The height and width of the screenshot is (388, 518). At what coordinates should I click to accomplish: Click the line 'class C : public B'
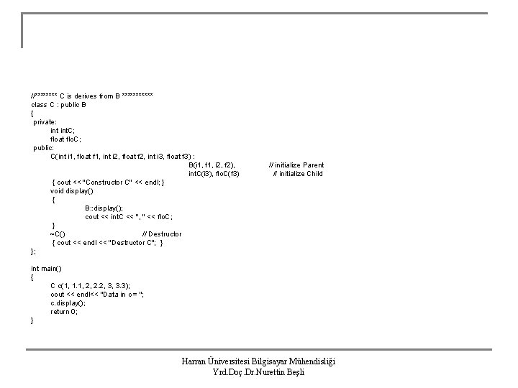coord(58,105)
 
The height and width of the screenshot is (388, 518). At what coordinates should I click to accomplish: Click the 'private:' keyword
coord(45,122)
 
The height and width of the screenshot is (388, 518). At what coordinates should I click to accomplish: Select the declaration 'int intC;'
coord(63,131)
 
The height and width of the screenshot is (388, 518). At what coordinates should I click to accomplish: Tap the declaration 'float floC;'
coord(65,139)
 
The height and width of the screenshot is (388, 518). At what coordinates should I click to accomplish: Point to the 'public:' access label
coord(43,148)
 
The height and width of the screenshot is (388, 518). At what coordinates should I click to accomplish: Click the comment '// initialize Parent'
coord(296,165)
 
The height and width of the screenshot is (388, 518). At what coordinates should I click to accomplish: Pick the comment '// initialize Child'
coord(298,174)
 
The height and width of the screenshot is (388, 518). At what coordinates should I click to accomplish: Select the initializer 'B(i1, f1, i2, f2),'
coord(212,165)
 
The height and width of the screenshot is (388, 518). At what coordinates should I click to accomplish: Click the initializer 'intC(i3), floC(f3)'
coord(214,174)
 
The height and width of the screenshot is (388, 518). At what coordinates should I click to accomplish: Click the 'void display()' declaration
coord(72,191)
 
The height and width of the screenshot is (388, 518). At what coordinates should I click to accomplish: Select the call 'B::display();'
coord(104,208)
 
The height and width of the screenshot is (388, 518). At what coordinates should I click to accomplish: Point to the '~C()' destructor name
coord(58,234)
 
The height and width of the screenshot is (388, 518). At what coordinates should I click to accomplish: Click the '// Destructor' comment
coord(162,234)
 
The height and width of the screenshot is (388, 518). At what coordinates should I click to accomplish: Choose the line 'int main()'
coord(46,269)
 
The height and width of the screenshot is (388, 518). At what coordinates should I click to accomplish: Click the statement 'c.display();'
coord(68,303)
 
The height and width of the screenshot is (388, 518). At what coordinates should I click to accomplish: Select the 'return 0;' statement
coord(64,312)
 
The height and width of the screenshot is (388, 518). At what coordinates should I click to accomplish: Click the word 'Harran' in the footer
coord(194,361)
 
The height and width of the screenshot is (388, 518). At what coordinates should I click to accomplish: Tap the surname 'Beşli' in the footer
coord(296,372)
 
